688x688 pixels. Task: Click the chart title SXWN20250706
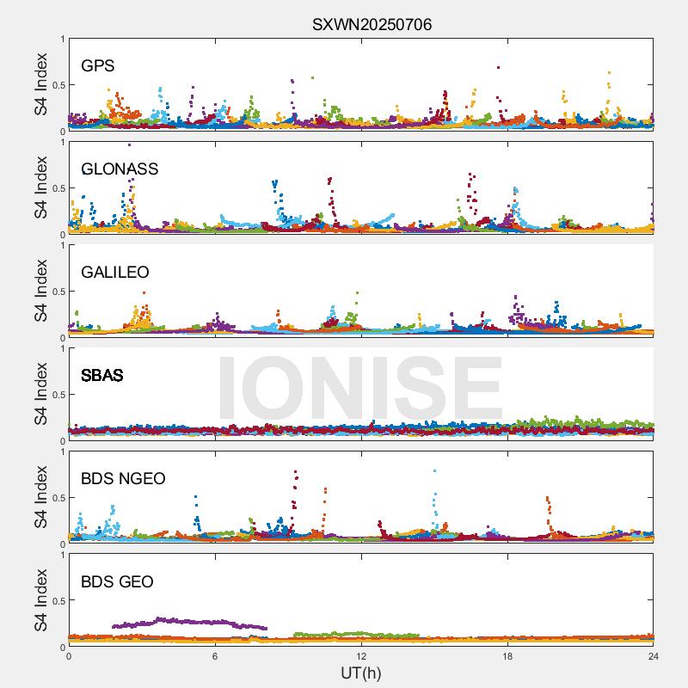tap(372, 24)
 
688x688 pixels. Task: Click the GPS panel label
tap(97, 65)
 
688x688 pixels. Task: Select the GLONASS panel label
tap(120, 169)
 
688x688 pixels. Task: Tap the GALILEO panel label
tap(115, 272)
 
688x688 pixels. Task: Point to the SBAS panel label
tap(101, 375)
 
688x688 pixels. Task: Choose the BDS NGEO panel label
tap(123, 478)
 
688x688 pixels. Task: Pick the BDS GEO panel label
tap(117, 581)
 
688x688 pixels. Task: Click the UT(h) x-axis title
tap(360, 672)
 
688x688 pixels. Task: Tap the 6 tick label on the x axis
tap(215, 656)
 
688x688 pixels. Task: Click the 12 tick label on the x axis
tap(361, 656)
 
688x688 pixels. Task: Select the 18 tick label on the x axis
tap(507, 656)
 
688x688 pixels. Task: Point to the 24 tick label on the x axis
tap(654, 656)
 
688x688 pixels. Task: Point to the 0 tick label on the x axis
tap(69, 656)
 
